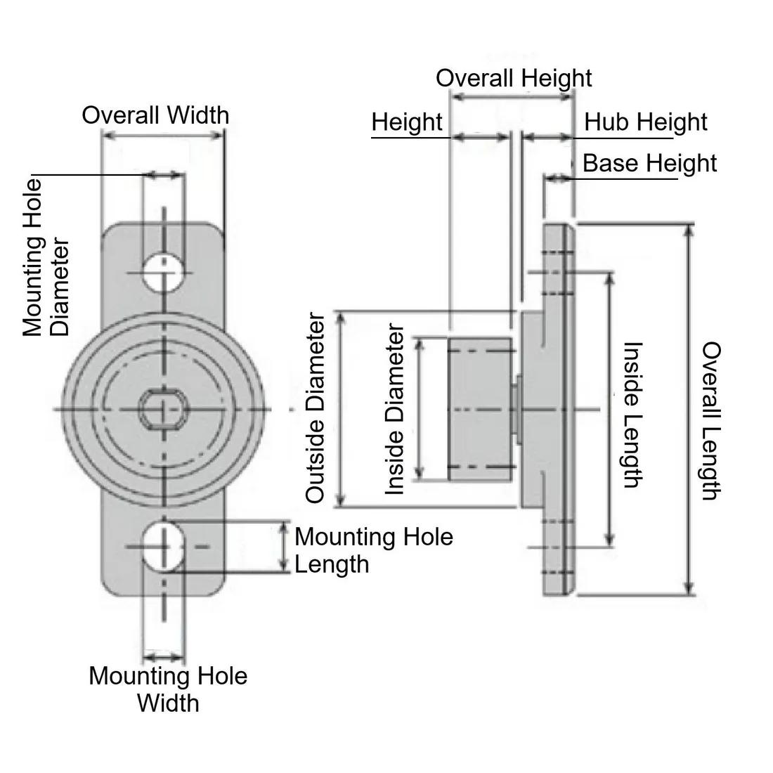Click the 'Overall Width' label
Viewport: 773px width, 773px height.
point(155,115)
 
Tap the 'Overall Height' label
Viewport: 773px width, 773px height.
point(514,78)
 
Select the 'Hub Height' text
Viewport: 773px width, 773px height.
point(645,122)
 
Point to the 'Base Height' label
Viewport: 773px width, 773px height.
point(649,164)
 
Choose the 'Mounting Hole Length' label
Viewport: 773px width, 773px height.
point(373,550)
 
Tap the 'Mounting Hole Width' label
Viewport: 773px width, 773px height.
point(168,689)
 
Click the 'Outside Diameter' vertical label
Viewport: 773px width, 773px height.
point(316,408)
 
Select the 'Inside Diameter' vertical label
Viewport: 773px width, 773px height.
point(396,409)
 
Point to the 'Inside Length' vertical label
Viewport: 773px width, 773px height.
point(632,415)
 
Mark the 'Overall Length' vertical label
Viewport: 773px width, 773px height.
point(711,420)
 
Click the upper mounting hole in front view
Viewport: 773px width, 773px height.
point(164,271)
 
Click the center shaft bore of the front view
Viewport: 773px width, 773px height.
point(163,408)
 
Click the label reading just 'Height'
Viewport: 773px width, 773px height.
point(407,122)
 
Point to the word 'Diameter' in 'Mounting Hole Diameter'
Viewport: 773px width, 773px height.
point(61,287)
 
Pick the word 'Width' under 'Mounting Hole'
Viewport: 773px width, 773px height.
point(168,703)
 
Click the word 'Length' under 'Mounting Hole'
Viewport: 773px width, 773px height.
point(332,564)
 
